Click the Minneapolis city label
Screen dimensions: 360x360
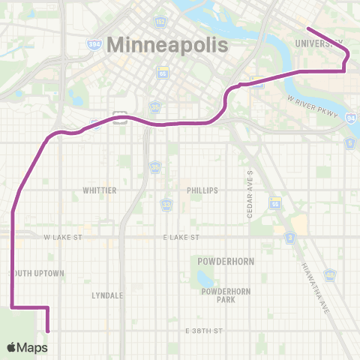coord(167,44)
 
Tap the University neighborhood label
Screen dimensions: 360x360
coord(319,43)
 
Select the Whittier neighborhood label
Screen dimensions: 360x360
coord(100,190)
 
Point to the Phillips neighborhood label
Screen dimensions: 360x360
coord(202,190)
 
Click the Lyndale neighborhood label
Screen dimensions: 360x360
coord(107,295)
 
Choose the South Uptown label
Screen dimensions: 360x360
coord(37,273)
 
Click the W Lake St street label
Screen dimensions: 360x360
coord(62,237)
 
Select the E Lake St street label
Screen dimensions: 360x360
coord(181,237)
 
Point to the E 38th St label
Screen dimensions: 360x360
coord(204,331)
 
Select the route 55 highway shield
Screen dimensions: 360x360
coord(275,203)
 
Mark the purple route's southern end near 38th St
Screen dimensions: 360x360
coord(48,329)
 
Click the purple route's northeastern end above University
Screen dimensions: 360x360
coord(307,29)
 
